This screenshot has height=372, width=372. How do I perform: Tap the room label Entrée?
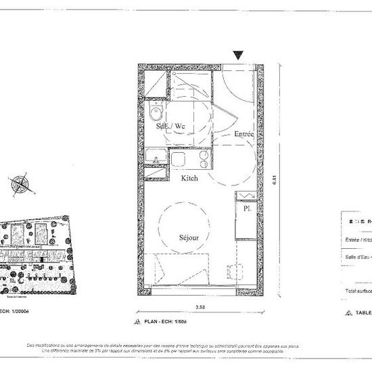click(x=243, y=134)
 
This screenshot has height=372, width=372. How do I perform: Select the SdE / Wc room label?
click(x=170, y=126)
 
